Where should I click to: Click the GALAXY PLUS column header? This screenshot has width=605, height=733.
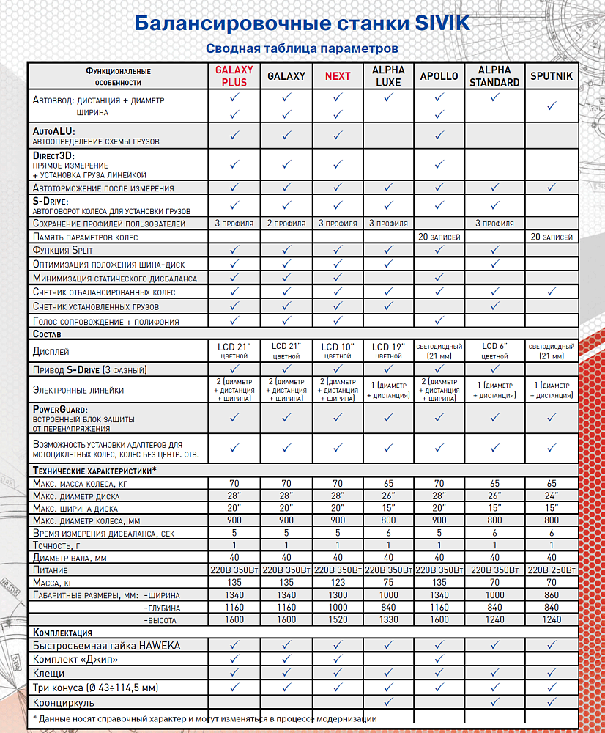pyautogui.click(x=234, y=76)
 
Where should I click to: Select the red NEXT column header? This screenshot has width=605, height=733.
pyautogui.click(x=338, y=76)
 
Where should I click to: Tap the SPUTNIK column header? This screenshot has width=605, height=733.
pyautogui.click(x=551, y=76)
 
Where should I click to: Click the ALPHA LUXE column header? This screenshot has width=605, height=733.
pyautogui.click(x=388, y=76)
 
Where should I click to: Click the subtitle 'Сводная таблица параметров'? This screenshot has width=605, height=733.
pyautogui.click(x=302, y=48)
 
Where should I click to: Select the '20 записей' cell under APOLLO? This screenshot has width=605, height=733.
pyautogui.click(x=439, y=237)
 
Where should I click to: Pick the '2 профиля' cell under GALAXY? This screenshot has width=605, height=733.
pyautogui.click(x=286, y=223)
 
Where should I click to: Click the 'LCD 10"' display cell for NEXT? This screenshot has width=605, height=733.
pyautogui.click(x=338, y=347)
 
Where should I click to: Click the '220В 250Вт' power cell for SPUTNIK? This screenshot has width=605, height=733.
pyautogui.click(x=551, y=570)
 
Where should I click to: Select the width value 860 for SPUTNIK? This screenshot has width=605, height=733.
pyautogui.click(x=551, y=595)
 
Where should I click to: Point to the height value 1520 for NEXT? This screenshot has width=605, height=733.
pyautogui.click(x=338, y=620)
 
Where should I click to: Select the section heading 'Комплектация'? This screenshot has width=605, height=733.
pyautogui.click(x=63, y=632)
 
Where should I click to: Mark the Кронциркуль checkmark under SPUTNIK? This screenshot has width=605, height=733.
pyautogui.click(x=551, y=701)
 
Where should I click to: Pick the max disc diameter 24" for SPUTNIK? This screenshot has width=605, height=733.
pyautogui.click(x=551, y=496)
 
